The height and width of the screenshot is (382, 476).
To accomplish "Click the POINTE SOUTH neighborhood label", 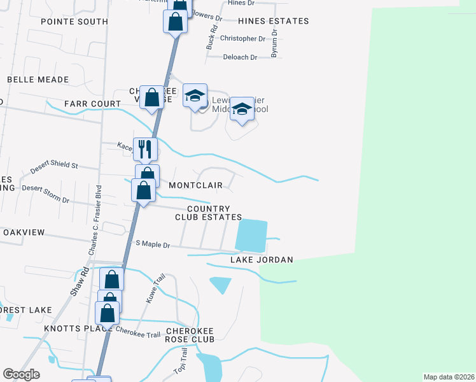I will coord(74,22).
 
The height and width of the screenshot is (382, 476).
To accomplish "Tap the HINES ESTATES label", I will coord(273,21).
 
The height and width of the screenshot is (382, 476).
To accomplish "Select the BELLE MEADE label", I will coord(38,80).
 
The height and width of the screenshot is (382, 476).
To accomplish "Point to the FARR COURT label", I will coord(92,103).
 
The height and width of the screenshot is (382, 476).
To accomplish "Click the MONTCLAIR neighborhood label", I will coord(195,185).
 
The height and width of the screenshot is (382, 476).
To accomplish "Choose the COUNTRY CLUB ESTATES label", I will coord(209,213).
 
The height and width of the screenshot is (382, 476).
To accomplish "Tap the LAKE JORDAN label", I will coord(262,260).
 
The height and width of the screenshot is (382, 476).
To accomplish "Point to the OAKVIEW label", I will coord(24,232).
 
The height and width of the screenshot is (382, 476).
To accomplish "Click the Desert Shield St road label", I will coord(54,169).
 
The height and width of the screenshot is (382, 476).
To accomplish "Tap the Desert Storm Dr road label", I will coord(45,194).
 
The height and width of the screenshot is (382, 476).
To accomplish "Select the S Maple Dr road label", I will coord(153,244).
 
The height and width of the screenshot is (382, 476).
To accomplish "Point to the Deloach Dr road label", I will coord(239,57).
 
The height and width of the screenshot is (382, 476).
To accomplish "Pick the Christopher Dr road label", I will coord(242,39).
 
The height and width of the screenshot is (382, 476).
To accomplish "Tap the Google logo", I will coord(21,374).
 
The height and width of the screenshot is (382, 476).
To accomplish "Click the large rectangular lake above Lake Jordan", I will coord(251,236).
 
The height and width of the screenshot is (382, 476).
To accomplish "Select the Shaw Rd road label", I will coord(78,284).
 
